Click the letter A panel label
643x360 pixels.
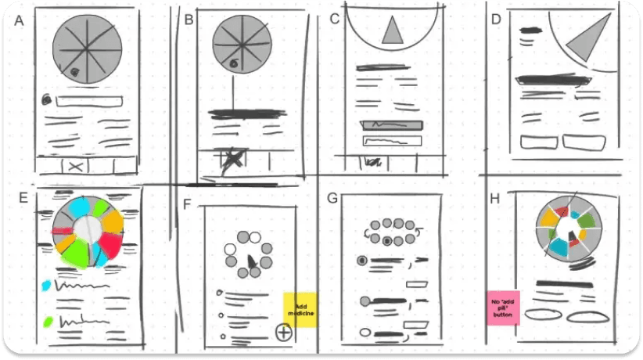click(19, 20)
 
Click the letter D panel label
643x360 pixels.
click(496, 19)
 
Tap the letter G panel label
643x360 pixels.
click(332, 198)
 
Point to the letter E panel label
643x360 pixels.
click(23, 197)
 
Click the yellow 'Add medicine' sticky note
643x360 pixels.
click(300, 310)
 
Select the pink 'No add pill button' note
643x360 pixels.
click(503, 308)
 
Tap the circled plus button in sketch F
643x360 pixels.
click(284, 332)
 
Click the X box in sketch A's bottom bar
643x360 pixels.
click(75, 166)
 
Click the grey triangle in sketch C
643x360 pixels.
click(393, 30)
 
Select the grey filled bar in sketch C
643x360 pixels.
click(392, 124)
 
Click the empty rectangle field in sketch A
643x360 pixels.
click(89, 101)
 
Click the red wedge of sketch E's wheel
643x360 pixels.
click(110, 245)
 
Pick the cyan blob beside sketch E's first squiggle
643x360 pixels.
click(46, 286)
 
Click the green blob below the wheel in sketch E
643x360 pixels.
click(48, 322)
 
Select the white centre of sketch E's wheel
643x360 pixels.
click(88, 229)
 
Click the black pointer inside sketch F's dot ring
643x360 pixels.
click(251, 261)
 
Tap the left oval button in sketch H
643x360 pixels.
click(544, 315)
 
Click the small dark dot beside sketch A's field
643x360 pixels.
click(47, 99)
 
